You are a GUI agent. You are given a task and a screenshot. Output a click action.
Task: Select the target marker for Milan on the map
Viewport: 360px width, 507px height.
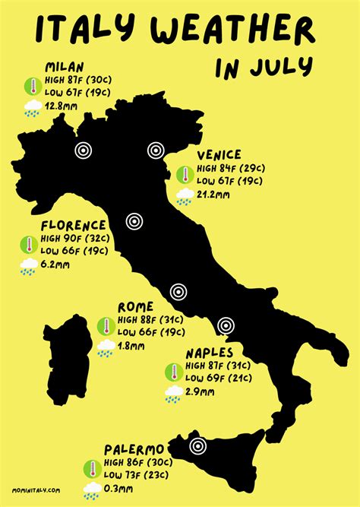[83, 151]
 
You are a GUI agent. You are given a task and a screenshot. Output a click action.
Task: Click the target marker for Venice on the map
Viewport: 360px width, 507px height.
[156, 151]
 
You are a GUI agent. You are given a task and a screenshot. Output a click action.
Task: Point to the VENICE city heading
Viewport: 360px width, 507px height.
[219, 154]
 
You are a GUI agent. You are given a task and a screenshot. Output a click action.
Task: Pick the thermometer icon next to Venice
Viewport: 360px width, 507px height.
[184, 175]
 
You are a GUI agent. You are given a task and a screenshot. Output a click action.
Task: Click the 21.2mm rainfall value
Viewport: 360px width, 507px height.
[213, 195]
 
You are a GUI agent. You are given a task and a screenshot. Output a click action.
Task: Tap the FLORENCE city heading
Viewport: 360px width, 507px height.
[73, 225]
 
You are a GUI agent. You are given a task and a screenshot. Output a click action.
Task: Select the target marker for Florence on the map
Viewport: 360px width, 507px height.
[134, 221]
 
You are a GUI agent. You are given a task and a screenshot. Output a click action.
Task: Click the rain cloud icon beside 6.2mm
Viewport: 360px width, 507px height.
[29, 266]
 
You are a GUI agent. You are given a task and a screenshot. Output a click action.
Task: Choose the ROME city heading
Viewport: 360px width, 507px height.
[136, 306]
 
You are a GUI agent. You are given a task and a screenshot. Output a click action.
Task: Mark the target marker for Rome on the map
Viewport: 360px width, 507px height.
[178, 291]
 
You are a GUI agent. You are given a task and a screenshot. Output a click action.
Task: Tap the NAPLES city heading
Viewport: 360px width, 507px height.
[210, 353]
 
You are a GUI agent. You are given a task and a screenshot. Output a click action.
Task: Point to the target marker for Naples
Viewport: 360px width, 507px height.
[225, 326]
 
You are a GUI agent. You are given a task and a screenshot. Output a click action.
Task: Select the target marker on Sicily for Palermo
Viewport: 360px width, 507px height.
[199, 447]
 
